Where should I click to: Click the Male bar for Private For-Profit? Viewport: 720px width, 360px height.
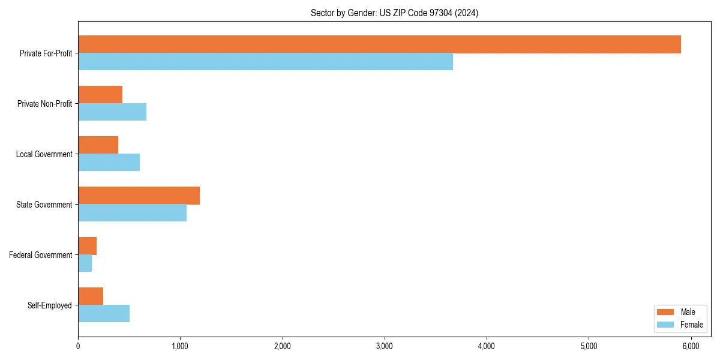[379, 44]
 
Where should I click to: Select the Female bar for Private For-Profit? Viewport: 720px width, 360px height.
[265, 62]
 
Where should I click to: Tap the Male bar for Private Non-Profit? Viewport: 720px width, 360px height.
[100, 95]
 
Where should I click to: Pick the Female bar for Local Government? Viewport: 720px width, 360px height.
[109, 163]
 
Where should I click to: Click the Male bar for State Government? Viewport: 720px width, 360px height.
[139, 196]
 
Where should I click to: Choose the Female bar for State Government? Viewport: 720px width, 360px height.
[132, 213]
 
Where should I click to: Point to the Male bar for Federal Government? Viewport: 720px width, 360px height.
[87, 246]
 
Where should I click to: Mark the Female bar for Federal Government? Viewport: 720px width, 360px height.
[85, 263]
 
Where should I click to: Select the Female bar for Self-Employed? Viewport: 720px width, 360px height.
[104, 314]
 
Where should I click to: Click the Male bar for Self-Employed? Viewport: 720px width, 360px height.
[91, 296]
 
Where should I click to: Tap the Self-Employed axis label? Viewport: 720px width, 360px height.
[49, 305]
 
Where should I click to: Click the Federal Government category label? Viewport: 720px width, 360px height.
[40, 255]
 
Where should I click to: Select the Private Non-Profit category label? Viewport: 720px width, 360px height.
[44, 104]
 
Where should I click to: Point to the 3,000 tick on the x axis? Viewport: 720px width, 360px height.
[384, 346]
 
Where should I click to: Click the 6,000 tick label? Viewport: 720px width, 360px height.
[691, 346]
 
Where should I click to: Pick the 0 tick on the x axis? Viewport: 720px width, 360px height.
[78, 346]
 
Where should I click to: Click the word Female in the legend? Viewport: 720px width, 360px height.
[691, 325]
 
